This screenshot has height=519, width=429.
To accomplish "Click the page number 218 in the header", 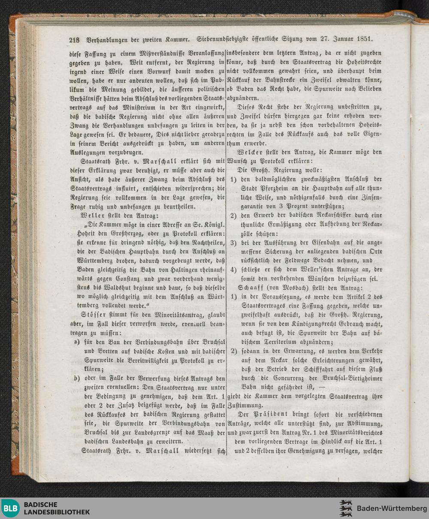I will (74, 40).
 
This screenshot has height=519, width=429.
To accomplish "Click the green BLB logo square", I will (11, 508).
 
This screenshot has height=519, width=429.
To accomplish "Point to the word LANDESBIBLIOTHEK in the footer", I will (57, 512).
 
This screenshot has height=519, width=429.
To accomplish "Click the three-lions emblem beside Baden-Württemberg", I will (346, 508).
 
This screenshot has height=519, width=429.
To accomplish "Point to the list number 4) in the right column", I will (234, 270).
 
